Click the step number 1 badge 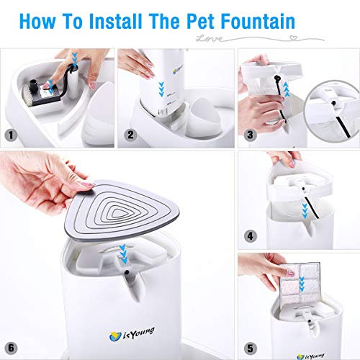coord(9,135)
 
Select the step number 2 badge coord(130,135)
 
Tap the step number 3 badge coord(248,135)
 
